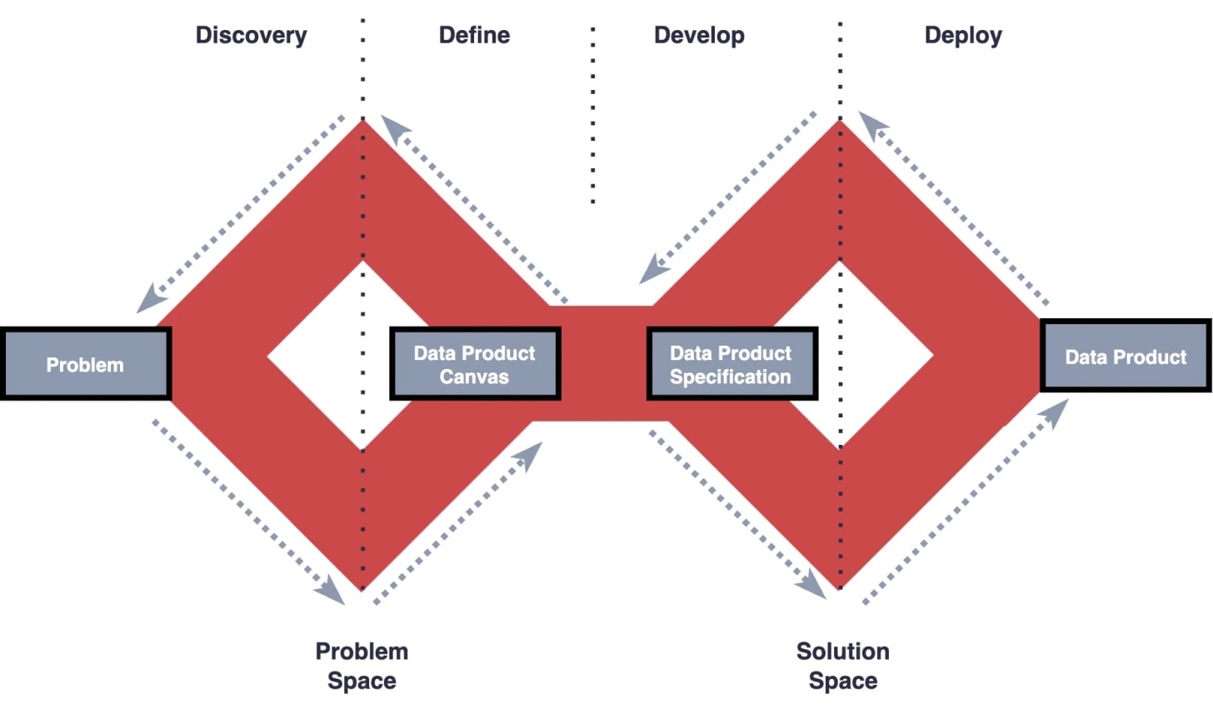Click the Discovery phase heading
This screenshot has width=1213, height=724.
(x=251, y=35)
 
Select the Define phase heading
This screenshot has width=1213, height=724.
(x=474, y=35)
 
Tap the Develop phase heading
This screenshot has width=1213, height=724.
(x=699, y=35)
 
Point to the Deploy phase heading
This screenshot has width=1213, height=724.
(x=963, y=35)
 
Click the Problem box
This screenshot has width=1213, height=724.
(x=85, y=364)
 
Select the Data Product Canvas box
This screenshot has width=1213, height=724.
(x=475, y=364)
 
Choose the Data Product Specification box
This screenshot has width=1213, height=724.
(x=731, y=364)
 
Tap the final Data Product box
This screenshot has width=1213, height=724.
(x=1126, y=357)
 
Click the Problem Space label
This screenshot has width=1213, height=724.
(x=362, y=666)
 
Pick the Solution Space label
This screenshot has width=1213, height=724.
(x=842, y=666)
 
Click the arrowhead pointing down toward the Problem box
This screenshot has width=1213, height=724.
(x=151, y=298)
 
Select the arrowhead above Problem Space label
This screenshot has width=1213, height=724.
(x=332, y=589)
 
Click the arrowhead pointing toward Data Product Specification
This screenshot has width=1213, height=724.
(x=654, y=270)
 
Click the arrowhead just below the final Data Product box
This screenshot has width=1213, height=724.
(x=1056, y=412)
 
